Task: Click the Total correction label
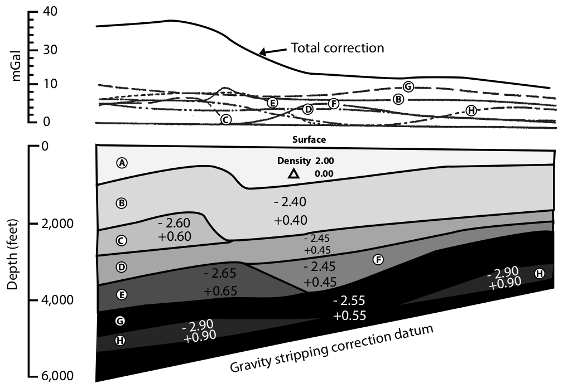point(338,48)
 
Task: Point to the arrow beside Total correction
point(272,51)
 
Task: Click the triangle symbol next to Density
point(293,174)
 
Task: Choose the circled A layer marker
point(122,163)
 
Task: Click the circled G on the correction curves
point(408,86)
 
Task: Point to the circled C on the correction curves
point(225,119)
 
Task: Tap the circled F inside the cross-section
point(378,260)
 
